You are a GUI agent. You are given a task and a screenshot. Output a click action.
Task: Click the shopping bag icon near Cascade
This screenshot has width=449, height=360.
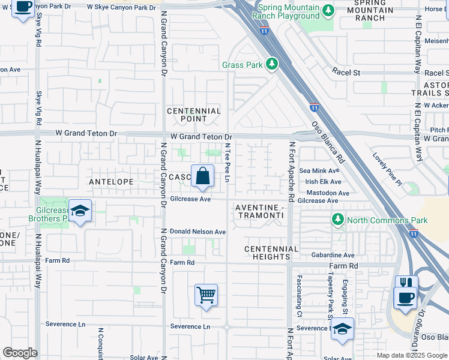click(203, 176)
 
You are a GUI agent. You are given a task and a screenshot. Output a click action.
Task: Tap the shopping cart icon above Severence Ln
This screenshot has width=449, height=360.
click(206, 295)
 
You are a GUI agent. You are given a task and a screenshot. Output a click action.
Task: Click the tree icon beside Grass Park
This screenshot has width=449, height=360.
click(272, 64)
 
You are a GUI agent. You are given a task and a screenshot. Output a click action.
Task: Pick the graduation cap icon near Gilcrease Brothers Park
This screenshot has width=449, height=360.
click(80, 211)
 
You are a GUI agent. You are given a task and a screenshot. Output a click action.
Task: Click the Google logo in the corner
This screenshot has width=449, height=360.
click(20, 353)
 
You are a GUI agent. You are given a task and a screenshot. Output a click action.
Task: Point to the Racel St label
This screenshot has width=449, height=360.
click(346, 73)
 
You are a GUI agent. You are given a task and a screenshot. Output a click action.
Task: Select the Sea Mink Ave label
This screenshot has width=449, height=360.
click(324, 171)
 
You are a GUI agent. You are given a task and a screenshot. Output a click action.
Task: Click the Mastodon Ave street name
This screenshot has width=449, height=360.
click(328, 193)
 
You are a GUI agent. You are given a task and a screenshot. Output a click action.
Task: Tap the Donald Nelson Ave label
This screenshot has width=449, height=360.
click(197, 232)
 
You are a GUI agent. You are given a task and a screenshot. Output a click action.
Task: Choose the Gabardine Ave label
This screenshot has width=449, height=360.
click(333, 255)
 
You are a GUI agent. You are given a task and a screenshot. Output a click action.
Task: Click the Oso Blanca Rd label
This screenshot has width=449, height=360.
click(327, 143)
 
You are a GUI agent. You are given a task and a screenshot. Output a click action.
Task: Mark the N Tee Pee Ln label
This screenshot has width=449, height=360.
click(228, 160)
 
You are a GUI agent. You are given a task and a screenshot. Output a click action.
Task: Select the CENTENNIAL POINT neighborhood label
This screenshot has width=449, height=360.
click(194, 115)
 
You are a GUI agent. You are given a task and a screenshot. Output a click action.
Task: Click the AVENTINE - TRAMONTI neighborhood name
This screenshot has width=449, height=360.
click(259, 211)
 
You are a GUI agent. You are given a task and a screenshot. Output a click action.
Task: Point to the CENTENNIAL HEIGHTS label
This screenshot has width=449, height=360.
click(271, 253)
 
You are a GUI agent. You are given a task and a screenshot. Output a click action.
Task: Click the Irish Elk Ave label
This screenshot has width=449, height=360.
click(324, 182)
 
